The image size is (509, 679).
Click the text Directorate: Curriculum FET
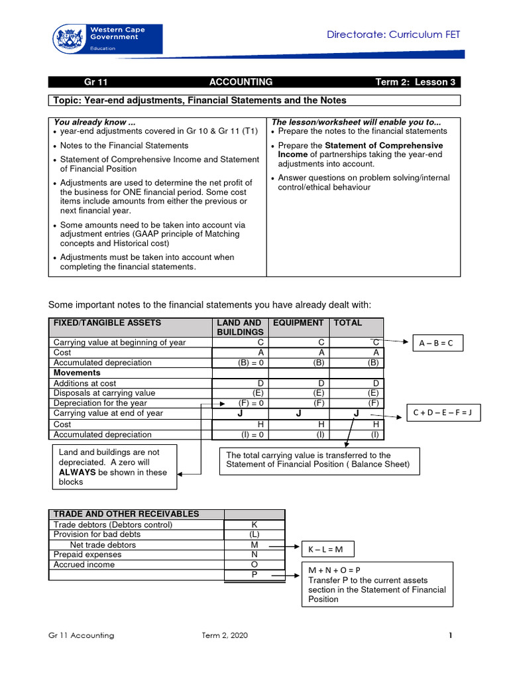point(393,34)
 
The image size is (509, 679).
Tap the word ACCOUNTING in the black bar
point(241,82)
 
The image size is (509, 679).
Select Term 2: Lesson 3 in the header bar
point(416,82)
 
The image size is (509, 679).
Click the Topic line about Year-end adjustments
point(200,100)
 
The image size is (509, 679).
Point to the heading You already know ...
point(95,122)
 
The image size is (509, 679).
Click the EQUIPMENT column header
point(298,323)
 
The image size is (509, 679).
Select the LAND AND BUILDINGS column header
point(240,327)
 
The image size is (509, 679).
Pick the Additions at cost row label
point(85,383)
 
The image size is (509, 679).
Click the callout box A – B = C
point(437,343)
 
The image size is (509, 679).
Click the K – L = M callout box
point(327,549)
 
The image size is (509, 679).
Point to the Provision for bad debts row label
point(97,534)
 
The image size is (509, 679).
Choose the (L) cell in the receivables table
point(254,534)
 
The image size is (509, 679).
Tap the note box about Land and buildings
point(114,467)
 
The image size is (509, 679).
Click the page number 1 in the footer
point(450,635)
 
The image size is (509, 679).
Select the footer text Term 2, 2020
point(225,635)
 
